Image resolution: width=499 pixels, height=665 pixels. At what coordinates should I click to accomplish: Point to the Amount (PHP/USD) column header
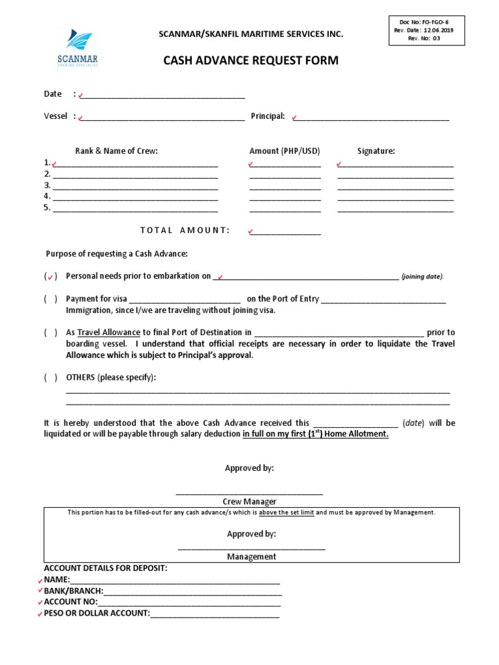pyautogui.click(x=285, y=151)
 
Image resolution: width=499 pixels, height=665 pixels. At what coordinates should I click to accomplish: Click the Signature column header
pyautogui.click(x=376, y=151)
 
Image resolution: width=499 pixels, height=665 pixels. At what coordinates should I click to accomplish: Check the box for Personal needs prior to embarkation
pyautogui.click(x=51, y=277)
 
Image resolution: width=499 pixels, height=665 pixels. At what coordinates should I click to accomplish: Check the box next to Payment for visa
pyautogui.click(x=51, y=299)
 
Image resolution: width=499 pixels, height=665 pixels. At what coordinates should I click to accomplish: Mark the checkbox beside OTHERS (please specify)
pyautogui.click(x=51, y=377)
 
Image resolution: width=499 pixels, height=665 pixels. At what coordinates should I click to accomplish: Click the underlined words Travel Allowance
pyautogui.click(x=109, y=332)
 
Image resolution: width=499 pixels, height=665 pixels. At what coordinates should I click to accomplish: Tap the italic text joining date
pyautogui.click(x=422, y=277)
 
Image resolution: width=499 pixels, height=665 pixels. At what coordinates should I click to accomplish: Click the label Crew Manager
pyautogui.click(x=250, y=501)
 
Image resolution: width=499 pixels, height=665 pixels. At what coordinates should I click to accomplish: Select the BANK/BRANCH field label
pyautogui.click(x=73, y=591)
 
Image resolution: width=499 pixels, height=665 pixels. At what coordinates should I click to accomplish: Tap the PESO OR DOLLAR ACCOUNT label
pyautogui.click(x=97, y=613)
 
